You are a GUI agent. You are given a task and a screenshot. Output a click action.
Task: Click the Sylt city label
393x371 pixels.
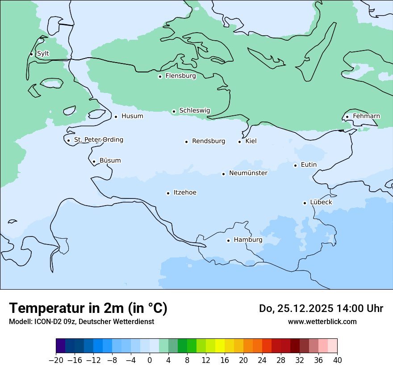(43, 54)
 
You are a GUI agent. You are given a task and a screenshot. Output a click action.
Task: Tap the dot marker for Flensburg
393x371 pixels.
(160, 76)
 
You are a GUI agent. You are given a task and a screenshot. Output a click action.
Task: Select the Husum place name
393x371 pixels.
(132, 116)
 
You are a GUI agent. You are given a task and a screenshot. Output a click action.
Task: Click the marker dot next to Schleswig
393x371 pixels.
(174, 111)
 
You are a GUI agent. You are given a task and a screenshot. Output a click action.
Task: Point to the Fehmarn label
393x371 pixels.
(366, 116)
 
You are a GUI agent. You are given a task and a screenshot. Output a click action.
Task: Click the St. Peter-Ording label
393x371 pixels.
(98, 140)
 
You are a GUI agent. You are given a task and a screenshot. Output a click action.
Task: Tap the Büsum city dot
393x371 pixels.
(94, 161)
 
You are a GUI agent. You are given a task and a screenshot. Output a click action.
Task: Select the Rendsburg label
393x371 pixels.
(209, 141)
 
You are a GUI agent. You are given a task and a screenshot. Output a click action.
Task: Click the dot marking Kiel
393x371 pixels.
(239, 142)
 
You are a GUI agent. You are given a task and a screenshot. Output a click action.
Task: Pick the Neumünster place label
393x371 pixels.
(248, 173)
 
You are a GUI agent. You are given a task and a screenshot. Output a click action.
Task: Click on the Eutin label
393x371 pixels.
(309, 165)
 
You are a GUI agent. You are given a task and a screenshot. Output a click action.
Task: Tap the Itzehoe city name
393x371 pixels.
(185, 193)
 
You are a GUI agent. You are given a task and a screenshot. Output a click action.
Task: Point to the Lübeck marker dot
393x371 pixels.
(305, 203)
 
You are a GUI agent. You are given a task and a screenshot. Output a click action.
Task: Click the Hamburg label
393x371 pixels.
(248, 240)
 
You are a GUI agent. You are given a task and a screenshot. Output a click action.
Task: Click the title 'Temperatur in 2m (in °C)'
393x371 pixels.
(88, 308)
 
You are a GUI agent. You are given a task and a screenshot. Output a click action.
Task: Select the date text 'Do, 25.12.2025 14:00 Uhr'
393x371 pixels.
(321, 308)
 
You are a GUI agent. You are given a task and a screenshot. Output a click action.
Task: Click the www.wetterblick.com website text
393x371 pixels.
(322, 322)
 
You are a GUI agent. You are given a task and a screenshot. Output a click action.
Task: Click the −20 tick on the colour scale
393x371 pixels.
(56, 360)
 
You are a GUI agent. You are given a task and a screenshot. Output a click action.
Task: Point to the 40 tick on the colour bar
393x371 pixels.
(337, 360)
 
